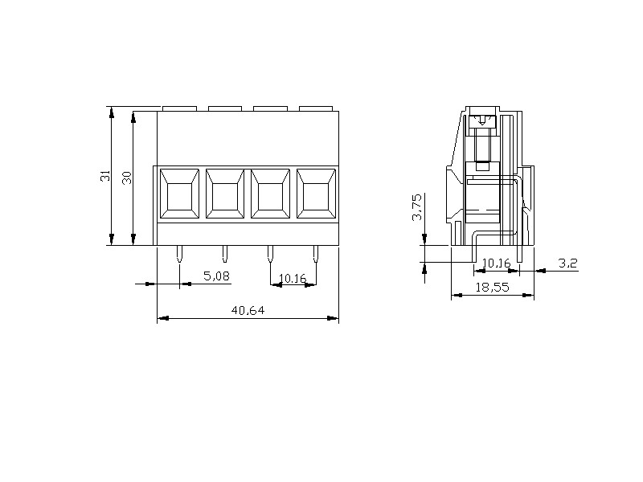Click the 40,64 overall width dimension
pyautogui.click(x=248, y=310)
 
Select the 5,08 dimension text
pyautogui.click(x=216, y=276)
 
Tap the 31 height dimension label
pyautogui.click(x=105, y=175)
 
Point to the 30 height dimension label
pyautogui.click(x=127, y=178)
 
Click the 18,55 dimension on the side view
pyautogui.click(x=492, y=288)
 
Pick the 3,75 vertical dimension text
pyautogui.click(x=416, y=207)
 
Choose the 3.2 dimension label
pyautogui.click(x=568, y=263)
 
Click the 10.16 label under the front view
pyautogui.click(x=293, y=279)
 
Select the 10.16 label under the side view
pyautogui.click(x=496, y=263)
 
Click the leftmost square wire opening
pyautogui.click(x=178, y=194)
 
